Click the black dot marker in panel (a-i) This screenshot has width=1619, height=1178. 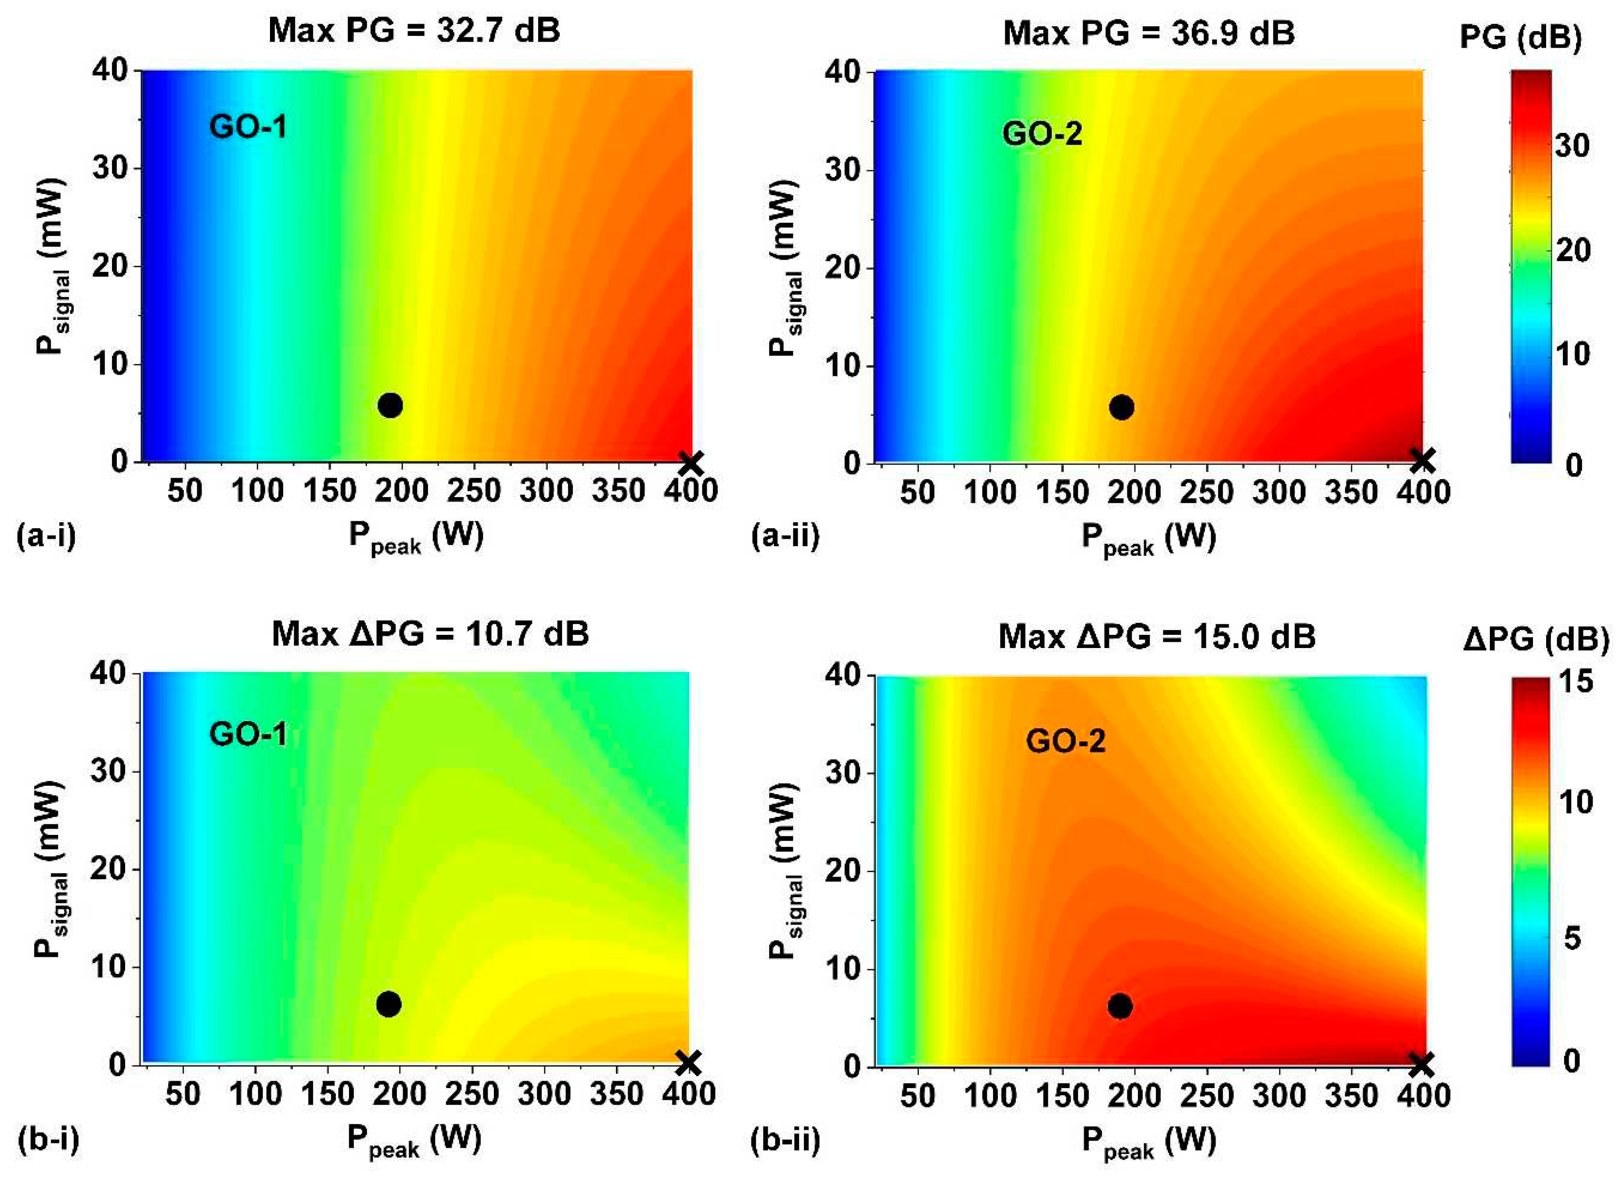pyautogui.click(x=390, y=405)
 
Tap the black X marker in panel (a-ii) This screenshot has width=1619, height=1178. pyautogui.click(x=1422, y=461)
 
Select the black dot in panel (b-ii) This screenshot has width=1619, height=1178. pyautogui.click(x=1120, y=1006)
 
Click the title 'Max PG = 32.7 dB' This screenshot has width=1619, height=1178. pyautogui.click(x=414, y=32)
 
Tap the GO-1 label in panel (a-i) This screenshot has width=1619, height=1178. pyautogui.click(x=248, y=127)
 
